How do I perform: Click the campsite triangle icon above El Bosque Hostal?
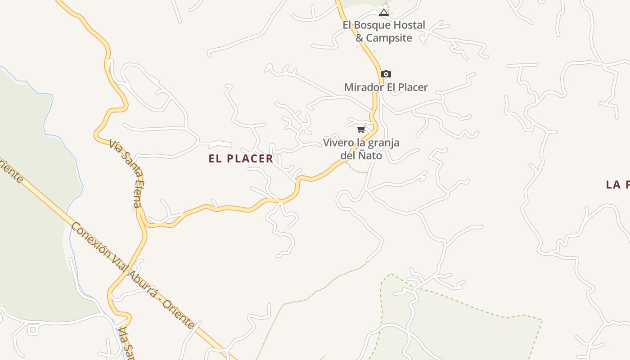point(383,12)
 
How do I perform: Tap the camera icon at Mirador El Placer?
point(386,74)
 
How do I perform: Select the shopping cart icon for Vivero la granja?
point(361,130)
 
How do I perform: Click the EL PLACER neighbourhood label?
point(241,158)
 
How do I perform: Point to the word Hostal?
point(409,25)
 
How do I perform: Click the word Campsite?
point(389,38)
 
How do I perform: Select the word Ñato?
point(370,156)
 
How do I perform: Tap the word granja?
point(383,143)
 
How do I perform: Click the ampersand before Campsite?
point(360,38)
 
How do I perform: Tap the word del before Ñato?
point(348,156)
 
